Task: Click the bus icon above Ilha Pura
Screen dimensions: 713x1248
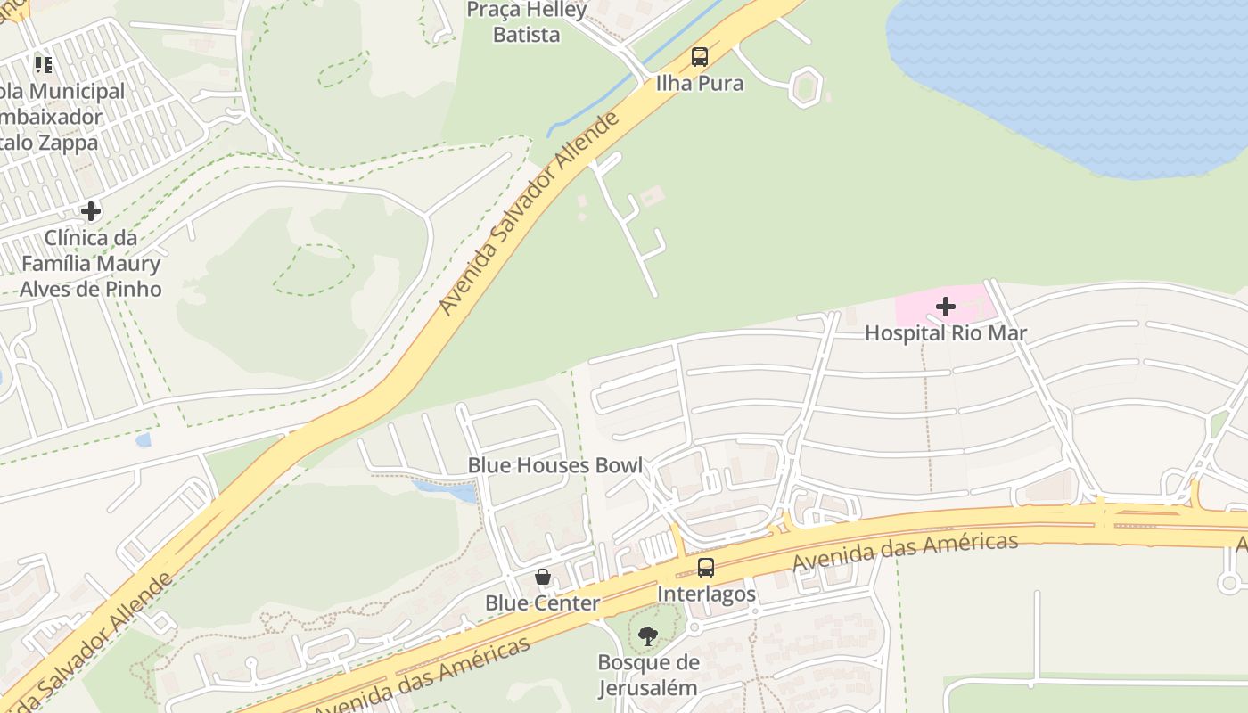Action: [x=700, y=57]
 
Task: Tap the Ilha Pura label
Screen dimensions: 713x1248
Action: [x=700, y=84]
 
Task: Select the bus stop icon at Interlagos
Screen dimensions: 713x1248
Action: [x=706, y=567]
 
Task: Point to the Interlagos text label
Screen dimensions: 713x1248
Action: [x=706, y=594]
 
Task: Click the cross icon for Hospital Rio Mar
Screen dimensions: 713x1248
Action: [x=946, y=307]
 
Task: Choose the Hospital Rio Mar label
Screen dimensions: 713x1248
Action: [x=946, y=333]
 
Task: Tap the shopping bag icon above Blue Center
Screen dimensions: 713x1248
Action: [x=542, y=577]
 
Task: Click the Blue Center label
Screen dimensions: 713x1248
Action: [x=542, y=603]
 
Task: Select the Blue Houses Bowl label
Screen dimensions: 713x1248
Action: [x=554, y=465]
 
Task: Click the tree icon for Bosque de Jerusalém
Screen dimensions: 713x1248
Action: [x=648, y=635]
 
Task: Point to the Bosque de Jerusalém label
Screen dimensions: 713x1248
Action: [x=648, y=675]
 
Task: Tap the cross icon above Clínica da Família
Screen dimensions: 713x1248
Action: [x=90, y=211]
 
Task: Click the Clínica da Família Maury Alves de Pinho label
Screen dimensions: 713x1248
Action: [x=90, y=264]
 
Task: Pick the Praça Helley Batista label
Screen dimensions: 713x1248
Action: [x=527, y=22]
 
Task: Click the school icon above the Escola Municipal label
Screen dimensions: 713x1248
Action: [x=44, y=64]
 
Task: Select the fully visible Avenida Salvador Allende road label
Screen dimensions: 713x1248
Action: [x=530, y=214]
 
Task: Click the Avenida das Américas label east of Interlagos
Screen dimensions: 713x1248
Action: [x=905, y=553]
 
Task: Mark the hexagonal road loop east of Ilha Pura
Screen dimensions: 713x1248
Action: [x=805, y=86]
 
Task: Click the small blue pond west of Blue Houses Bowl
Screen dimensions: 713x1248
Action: [x=446, y=489]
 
